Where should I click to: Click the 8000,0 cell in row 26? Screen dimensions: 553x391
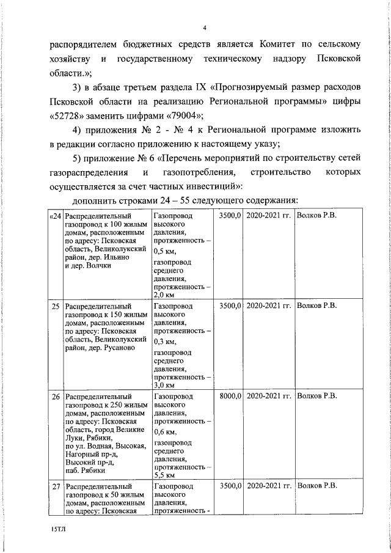[x=230, y=396]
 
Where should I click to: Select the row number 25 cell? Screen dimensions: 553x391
[x=56, y=306]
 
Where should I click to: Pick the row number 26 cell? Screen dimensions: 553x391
[x=56, y=396]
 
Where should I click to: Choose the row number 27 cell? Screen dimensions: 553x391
[x=56, y=486]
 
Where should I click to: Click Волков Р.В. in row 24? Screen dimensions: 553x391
[x=316, y=216]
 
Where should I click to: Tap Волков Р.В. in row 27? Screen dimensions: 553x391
[x=316, y=486]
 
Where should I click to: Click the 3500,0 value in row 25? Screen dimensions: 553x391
[x=230, y=306]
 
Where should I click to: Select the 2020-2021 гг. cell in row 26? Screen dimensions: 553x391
[x=268, y=396]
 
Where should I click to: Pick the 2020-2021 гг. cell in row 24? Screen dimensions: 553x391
[x=268, y=216]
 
